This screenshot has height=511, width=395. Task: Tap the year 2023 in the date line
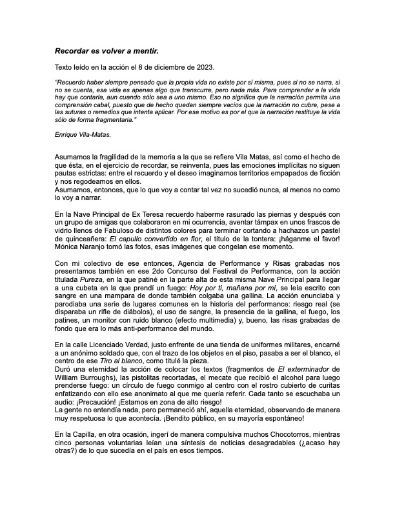point(210,67)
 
